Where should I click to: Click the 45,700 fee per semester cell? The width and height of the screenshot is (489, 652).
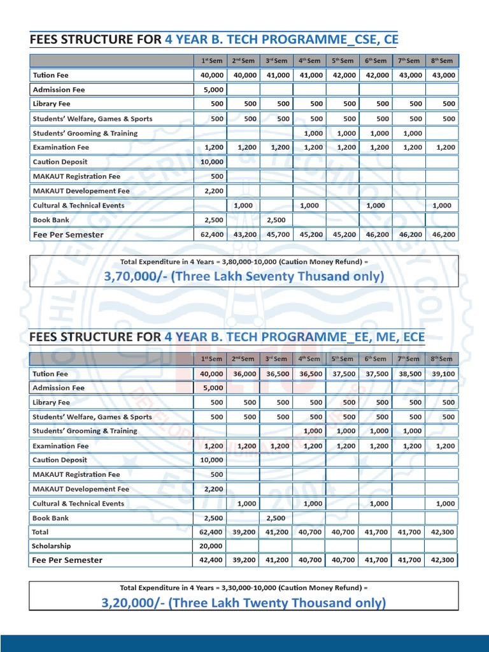(279, 235)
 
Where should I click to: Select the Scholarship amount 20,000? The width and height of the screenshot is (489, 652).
(213, 546)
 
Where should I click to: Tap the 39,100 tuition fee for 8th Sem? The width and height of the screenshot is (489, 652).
(444, 374)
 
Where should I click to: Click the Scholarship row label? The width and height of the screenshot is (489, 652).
(52, 546)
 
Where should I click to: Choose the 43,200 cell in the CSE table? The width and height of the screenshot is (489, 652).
(246, 235)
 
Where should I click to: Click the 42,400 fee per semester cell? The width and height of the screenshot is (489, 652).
(213, 560)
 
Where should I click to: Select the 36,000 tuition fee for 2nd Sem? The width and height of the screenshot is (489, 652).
(246, 374)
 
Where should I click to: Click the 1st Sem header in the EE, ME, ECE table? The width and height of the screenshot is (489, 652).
(212, 359)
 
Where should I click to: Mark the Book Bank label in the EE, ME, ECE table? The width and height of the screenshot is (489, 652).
(50, 518)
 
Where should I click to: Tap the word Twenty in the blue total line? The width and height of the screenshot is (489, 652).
(284, 602)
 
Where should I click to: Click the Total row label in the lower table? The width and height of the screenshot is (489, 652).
(41, 532)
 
